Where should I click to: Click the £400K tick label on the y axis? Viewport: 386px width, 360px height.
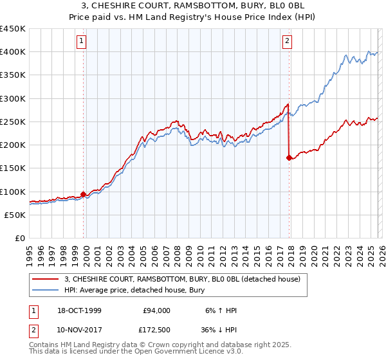point(14,52)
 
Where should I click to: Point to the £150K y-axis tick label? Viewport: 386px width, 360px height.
point(14,168)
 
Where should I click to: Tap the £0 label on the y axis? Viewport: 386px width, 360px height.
point(21,239)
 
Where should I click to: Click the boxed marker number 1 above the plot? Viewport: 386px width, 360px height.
point(83,42)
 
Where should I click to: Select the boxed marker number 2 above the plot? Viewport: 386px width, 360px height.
point(287,42)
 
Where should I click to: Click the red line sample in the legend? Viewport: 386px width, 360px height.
point(46,279)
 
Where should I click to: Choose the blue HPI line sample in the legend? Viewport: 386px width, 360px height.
point(46,290)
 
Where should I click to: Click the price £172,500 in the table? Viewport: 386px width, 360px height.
point(155,330)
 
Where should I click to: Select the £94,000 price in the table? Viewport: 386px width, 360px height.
point(157,310)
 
